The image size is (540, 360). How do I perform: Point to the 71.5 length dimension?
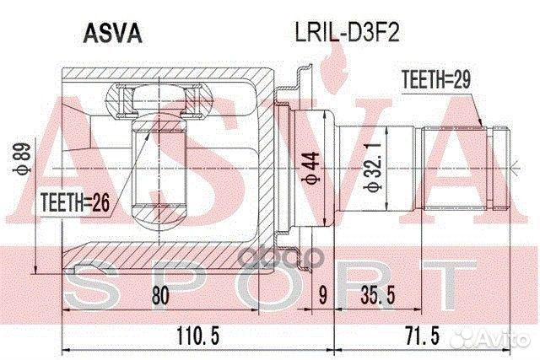[423, 336]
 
